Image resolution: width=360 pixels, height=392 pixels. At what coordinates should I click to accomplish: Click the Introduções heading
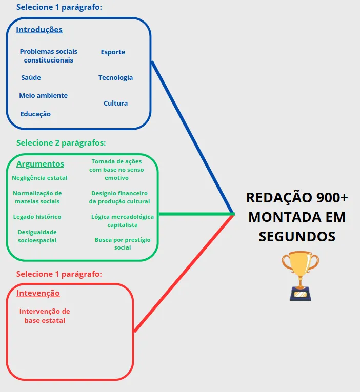(39, 30)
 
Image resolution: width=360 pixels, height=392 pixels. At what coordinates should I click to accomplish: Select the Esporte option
(113, 52)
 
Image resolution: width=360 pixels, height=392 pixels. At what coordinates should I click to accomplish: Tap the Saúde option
(31, 78)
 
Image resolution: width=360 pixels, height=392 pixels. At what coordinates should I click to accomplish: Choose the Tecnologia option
(115, 78)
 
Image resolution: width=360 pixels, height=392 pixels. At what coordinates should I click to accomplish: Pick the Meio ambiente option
(43, 96)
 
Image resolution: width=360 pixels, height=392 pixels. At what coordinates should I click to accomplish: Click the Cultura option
(115, 104)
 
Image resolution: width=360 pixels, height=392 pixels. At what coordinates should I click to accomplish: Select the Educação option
(35, 114)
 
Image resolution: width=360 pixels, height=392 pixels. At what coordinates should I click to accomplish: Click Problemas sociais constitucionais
(48, 56)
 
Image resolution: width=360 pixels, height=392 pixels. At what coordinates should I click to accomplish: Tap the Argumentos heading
(40, 164)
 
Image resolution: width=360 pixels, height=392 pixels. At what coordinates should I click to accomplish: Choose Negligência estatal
(39, 178)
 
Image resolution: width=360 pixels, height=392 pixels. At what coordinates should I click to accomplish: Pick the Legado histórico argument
(37, 217)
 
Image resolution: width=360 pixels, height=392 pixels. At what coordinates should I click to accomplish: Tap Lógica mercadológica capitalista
(123, 221)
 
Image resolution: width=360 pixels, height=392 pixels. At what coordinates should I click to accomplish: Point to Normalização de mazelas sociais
(37, 197)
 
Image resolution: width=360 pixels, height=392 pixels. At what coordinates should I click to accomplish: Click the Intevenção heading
(38, 293)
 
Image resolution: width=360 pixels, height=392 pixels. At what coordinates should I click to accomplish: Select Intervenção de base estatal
(45, 316)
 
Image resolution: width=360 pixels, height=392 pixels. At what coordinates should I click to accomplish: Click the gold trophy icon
(300, 275)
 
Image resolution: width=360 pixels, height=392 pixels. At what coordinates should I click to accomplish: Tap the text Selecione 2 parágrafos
(61, 143)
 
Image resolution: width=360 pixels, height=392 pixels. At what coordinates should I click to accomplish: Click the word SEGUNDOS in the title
(297, 236)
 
